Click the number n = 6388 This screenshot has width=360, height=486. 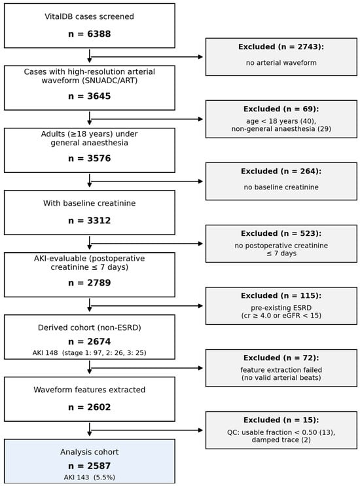coord(89,34)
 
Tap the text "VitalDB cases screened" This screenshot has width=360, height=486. coord(89,16)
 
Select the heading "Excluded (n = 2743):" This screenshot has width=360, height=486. coord(281,47)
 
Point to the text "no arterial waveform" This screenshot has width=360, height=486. coord(281,63)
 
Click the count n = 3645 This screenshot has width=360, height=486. coord(89,96)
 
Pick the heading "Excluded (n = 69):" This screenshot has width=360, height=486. coord(281,109)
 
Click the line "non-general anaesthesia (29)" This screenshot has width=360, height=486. coord(281,128)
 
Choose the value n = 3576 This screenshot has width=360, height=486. coord(89,159)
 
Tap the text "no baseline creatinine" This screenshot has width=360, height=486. coord(281,187)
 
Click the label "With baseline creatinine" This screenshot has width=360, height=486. coord(89,203)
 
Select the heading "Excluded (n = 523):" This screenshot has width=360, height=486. coord(281,233)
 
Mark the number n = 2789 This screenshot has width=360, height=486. coord(89,283)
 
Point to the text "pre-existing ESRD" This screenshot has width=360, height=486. coord(281,308)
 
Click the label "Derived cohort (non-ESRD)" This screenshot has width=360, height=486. coord(89,327)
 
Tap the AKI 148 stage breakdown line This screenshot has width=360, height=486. coord(89,353)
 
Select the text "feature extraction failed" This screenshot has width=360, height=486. coord(281,370)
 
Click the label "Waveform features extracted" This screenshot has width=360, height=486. coord(89,390)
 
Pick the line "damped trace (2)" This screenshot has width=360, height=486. coord(281,439)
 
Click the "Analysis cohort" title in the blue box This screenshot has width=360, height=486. coord(89,452)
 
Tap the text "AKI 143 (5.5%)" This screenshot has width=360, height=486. coord(89,477)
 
